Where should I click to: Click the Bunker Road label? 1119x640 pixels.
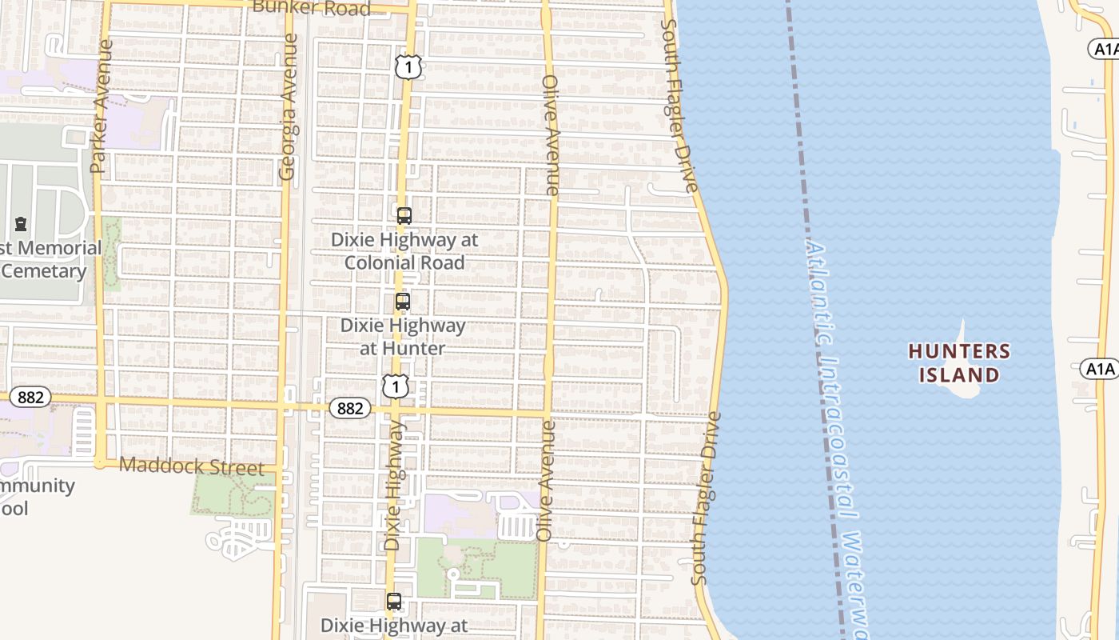311,8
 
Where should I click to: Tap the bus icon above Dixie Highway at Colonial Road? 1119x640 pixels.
404,215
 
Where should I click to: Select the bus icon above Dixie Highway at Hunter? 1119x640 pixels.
403,302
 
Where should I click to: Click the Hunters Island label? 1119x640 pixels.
959,363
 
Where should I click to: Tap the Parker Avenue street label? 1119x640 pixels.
101,106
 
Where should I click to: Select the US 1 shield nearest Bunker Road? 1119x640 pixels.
408,67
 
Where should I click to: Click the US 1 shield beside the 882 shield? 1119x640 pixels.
395,386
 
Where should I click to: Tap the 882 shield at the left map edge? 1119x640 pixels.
30,397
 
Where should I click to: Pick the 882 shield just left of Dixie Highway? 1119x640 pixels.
350,408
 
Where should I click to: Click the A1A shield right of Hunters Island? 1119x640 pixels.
1100,369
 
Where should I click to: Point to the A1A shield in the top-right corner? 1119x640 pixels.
1105,50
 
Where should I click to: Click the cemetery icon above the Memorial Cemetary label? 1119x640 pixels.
21,224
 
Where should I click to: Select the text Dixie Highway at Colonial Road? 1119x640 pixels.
404,250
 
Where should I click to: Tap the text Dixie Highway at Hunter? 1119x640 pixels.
403,337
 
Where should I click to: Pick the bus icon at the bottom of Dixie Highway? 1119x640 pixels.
394,602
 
